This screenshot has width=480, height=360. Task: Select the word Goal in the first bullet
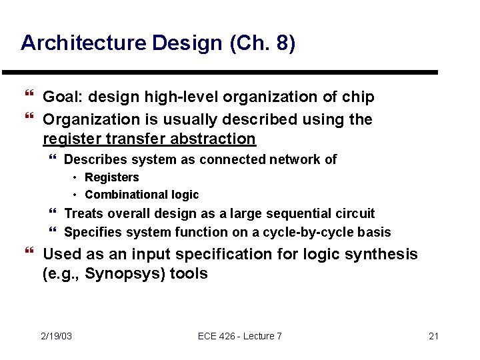[59, 97]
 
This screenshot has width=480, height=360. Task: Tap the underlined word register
[69, 139]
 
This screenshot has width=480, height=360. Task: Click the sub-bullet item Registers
[112, 177]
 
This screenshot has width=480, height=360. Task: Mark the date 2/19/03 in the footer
[56, 336]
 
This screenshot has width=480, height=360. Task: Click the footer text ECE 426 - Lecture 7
[240, 336]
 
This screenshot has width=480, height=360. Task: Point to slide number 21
[433, 336]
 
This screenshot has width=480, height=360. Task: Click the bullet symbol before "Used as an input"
[28, 253]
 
